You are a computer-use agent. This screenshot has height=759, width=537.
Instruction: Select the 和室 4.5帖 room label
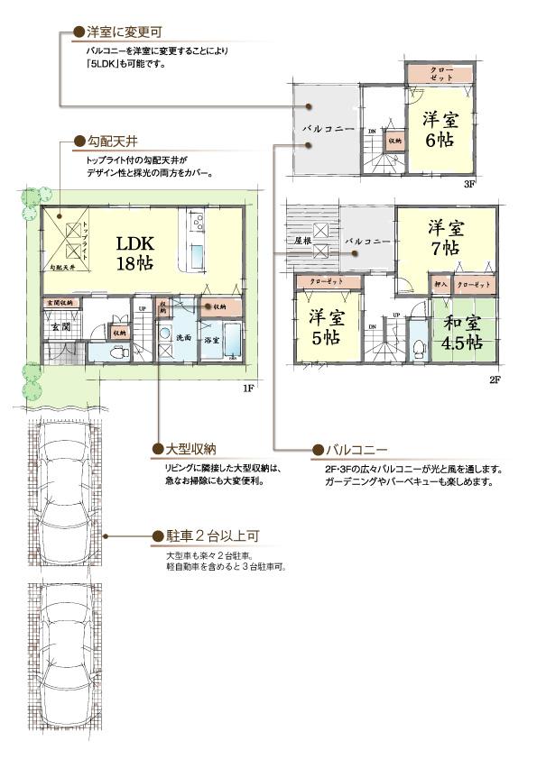click(x=461, y=331)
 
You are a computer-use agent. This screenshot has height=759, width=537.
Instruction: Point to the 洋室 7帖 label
click(x=445, y=236)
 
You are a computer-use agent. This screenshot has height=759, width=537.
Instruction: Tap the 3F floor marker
click(x=468, y=184)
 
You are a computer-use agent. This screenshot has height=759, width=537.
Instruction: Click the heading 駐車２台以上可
click(x=208, y=535)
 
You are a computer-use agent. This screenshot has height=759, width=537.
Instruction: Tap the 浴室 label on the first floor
click(x=211, y=340)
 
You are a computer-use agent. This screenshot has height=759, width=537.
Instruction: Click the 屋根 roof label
click(x=302, y=242)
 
